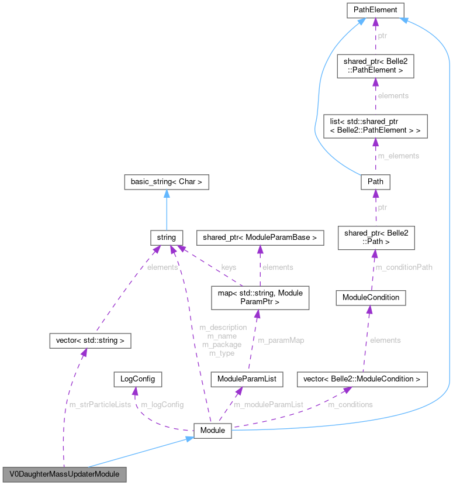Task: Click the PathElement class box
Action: click(x=375, y=10)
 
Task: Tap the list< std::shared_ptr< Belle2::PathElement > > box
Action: click(x=375, y=126)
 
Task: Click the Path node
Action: click(x=375, y=182)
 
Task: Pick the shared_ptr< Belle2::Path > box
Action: click(x=375, y=238)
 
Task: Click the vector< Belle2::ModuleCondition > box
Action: click(x=362, y=379)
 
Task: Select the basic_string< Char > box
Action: click(x=167, y=182)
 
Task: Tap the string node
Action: click(x=167, y=238)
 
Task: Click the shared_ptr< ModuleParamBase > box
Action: click(x=260, y=238)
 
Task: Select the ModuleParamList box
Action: click(x=247, y=379)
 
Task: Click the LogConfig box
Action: click(x=137, y=379)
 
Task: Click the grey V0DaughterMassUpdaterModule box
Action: click(x=64, y=473)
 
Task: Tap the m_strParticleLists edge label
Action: click(x=100, y=405)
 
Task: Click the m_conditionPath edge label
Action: click(x=403, y=267)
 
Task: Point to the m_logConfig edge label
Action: click(x=162, y=405)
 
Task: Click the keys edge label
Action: click(x=229, y=267)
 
